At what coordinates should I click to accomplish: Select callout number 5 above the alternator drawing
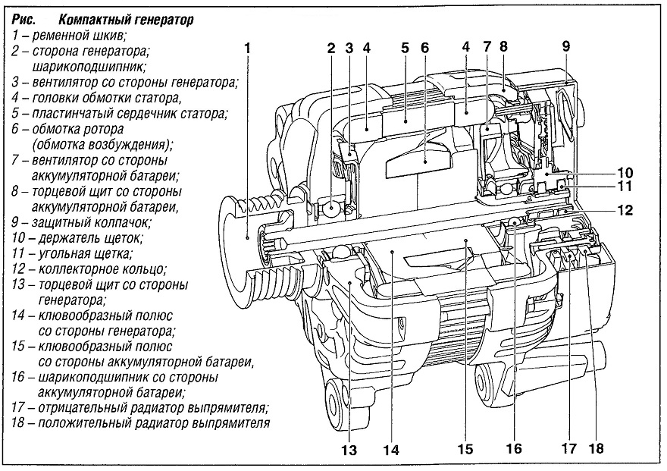tap(405, 48)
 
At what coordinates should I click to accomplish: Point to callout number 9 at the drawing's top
tap(565, 46)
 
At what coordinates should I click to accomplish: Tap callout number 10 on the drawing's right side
tap(625, 172)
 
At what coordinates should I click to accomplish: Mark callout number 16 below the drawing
tap(514, 448)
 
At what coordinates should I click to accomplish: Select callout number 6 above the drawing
tap(424, 48)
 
